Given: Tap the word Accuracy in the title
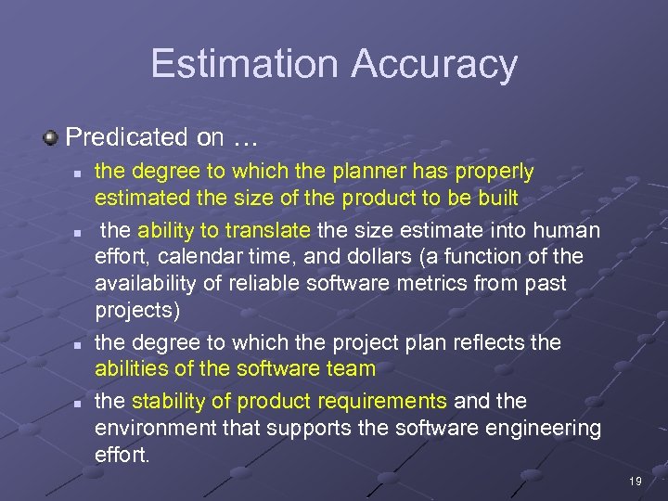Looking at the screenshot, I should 434,63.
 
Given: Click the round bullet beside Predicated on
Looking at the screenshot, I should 51,137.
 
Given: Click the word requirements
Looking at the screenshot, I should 389,401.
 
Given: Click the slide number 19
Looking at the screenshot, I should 636,482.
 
